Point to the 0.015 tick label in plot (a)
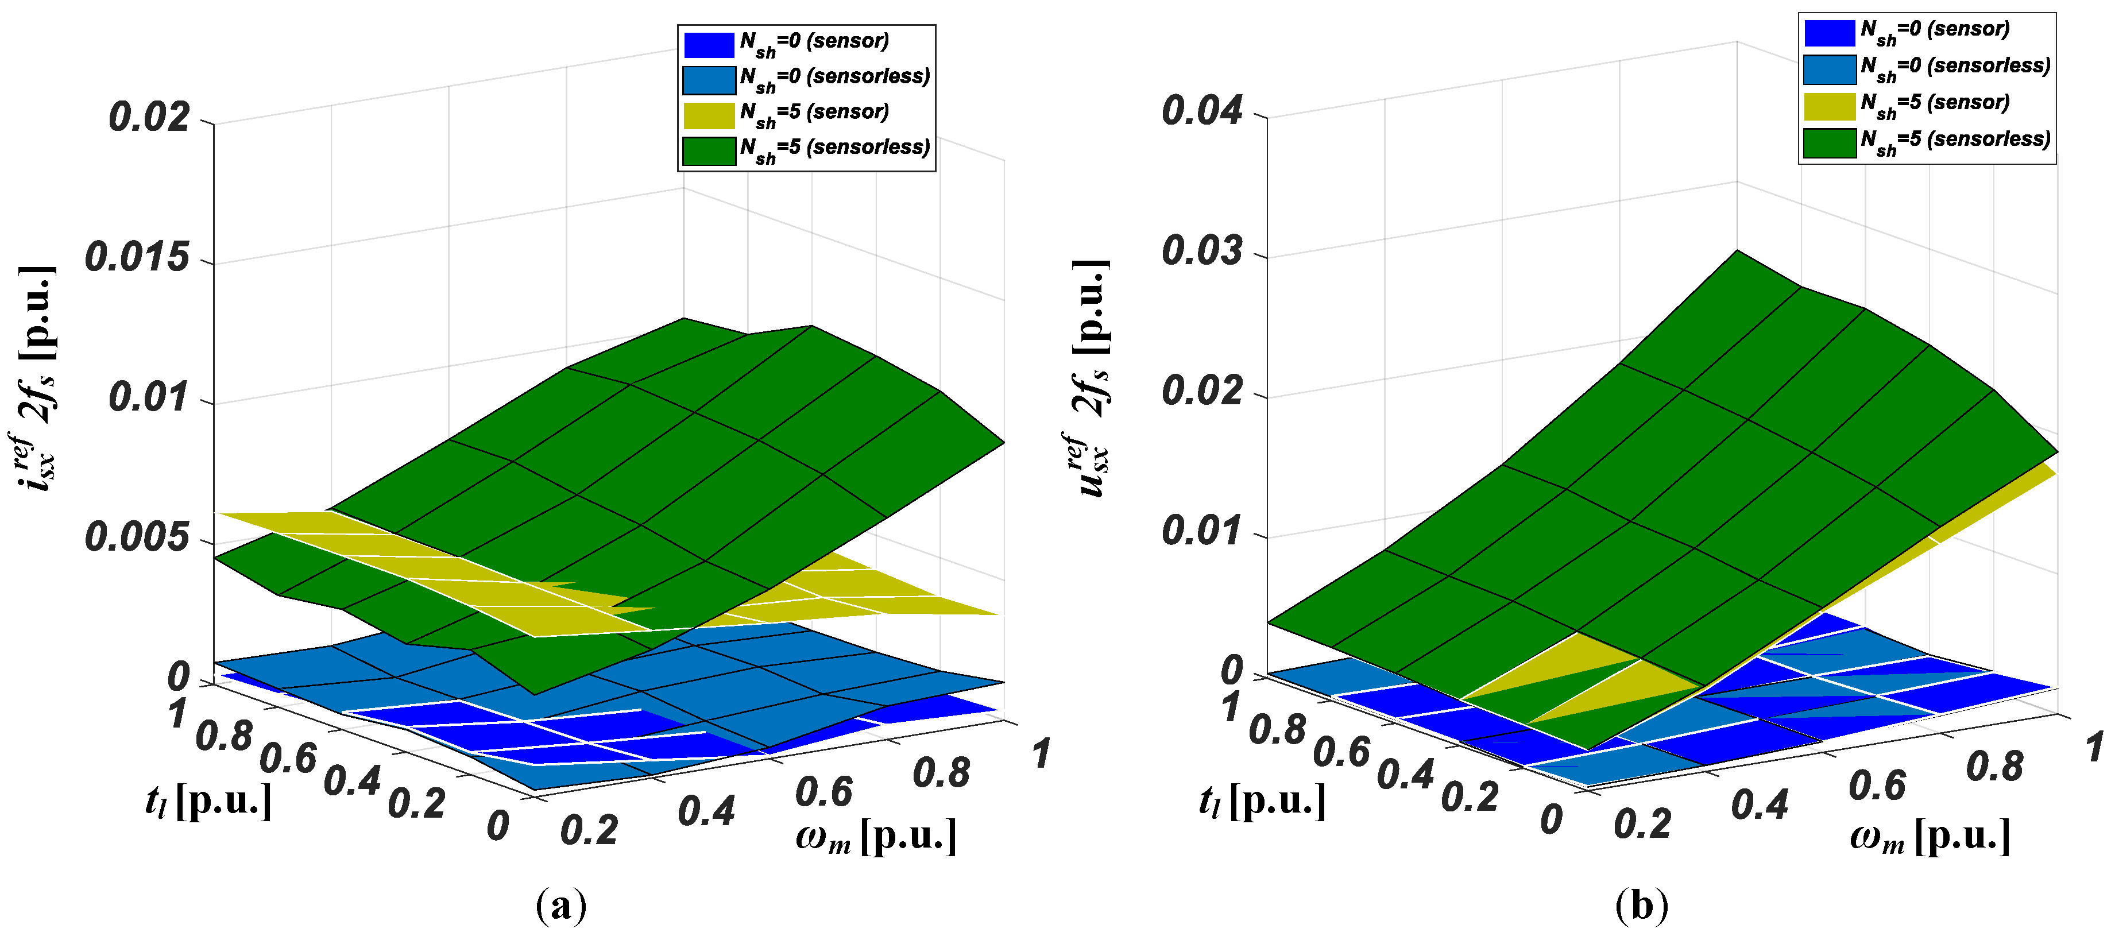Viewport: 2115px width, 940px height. coord(137,258)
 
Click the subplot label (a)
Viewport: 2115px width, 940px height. coord(561,906)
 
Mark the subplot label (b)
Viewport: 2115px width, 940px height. coord(1641,906)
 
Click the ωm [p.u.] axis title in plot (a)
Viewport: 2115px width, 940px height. coord(876,837)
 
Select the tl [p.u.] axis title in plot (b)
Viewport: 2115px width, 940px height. coord(1262,800)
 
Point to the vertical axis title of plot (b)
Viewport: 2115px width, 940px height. coord(1093,378)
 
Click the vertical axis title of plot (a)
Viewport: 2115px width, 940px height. coord(37,378)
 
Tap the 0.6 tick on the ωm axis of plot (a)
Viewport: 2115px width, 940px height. coord(823,791)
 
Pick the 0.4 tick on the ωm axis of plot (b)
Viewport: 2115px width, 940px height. coord(1760,804)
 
